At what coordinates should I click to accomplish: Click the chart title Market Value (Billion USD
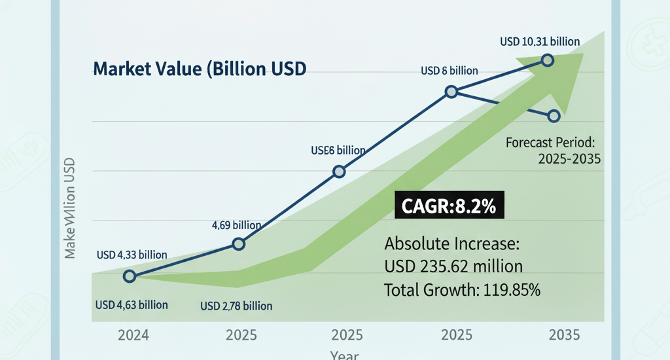click(x=200, y=69)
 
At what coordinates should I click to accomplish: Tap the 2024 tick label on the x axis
click(x=133, y=336)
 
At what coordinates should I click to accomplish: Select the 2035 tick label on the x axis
click(x=563, y=336)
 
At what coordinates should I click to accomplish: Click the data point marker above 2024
click(x=130, y=276)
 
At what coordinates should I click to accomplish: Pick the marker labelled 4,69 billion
click(x=239, y=244)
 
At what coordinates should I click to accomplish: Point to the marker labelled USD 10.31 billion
click(x=548, y=60)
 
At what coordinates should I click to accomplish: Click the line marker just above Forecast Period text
click(x=554, y=116)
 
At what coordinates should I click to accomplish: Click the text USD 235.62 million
click(x=453, y=267)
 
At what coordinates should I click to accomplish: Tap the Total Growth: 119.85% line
click(x=462, y=290)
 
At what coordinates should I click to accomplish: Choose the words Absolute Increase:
click(x=451, y=244)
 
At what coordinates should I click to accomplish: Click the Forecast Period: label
click(x=554, y=142)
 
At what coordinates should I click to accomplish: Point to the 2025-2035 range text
click(x=569, y=159)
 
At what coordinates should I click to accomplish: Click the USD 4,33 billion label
click(x=132, y=255)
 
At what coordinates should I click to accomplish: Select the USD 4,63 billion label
click(x=132, y=305)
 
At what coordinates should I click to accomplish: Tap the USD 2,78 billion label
click(x=236, y=306)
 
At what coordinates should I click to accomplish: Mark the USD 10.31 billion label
click(x=540, y=42)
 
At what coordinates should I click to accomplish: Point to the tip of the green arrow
click(x=582, y=55)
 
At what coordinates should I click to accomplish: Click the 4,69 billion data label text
click(x=236, y=226)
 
